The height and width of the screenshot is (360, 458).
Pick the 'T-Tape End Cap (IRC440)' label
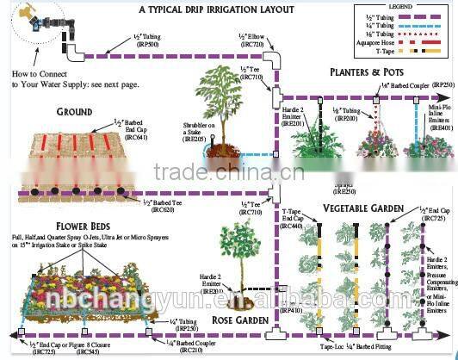coord(294,219)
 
